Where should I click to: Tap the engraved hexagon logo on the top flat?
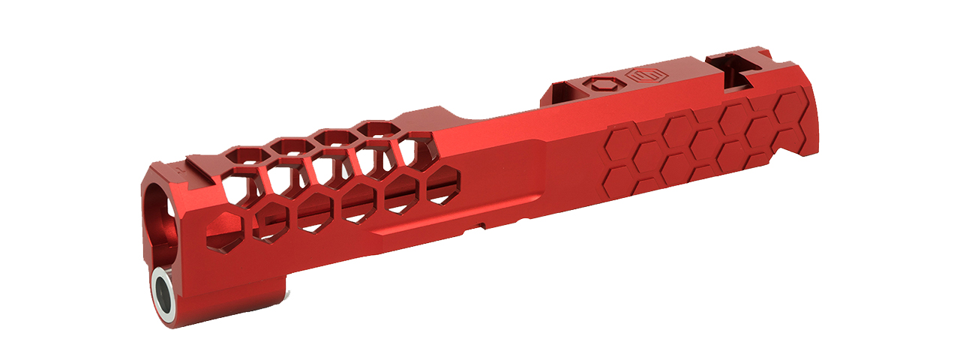point(642,76)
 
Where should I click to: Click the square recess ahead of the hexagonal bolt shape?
point(565,91)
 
